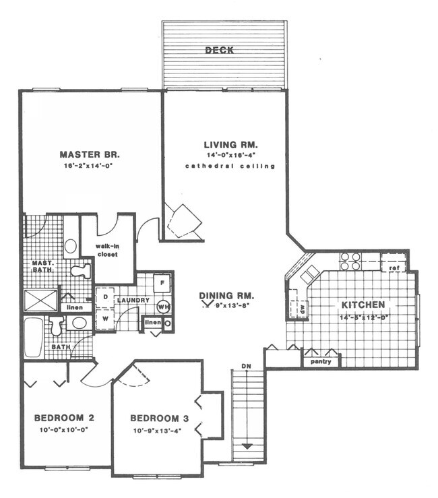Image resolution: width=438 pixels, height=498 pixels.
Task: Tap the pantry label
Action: [x=320, y=361]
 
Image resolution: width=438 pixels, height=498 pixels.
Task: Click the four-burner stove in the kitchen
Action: [x=349, y=261]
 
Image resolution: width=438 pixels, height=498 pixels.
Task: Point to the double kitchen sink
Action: [x=308, y=274]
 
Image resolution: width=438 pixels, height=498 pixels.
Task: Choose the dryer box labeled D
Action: [x=105, y=297]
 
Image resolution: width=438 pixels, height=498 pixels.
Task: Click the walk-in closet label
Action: [x=106, y=251]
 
